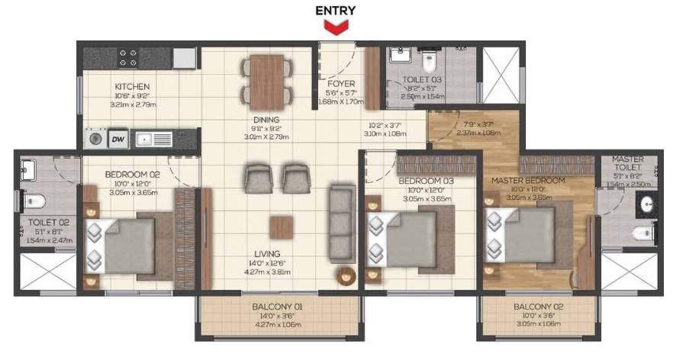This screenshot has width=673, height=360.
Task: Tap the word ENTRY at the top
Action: coord(336,11)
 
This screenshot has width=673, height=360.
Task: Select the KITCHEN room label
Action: coord(132,87)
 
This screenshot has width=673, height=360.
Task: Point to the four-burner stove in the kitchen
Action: coord(128,58)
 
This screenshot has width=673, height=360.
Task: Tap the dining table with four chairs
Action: coord(267,80)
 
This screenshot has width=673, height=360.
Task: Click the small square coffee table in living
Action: coord(280,227)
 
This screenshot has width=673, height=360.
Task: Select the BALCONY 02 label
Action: coord(539,308)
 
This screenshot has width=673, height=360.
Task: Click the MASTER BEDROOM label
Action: coord(528,180)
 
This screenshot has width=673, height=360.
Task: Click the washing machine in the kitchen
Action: coord(96,139)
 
